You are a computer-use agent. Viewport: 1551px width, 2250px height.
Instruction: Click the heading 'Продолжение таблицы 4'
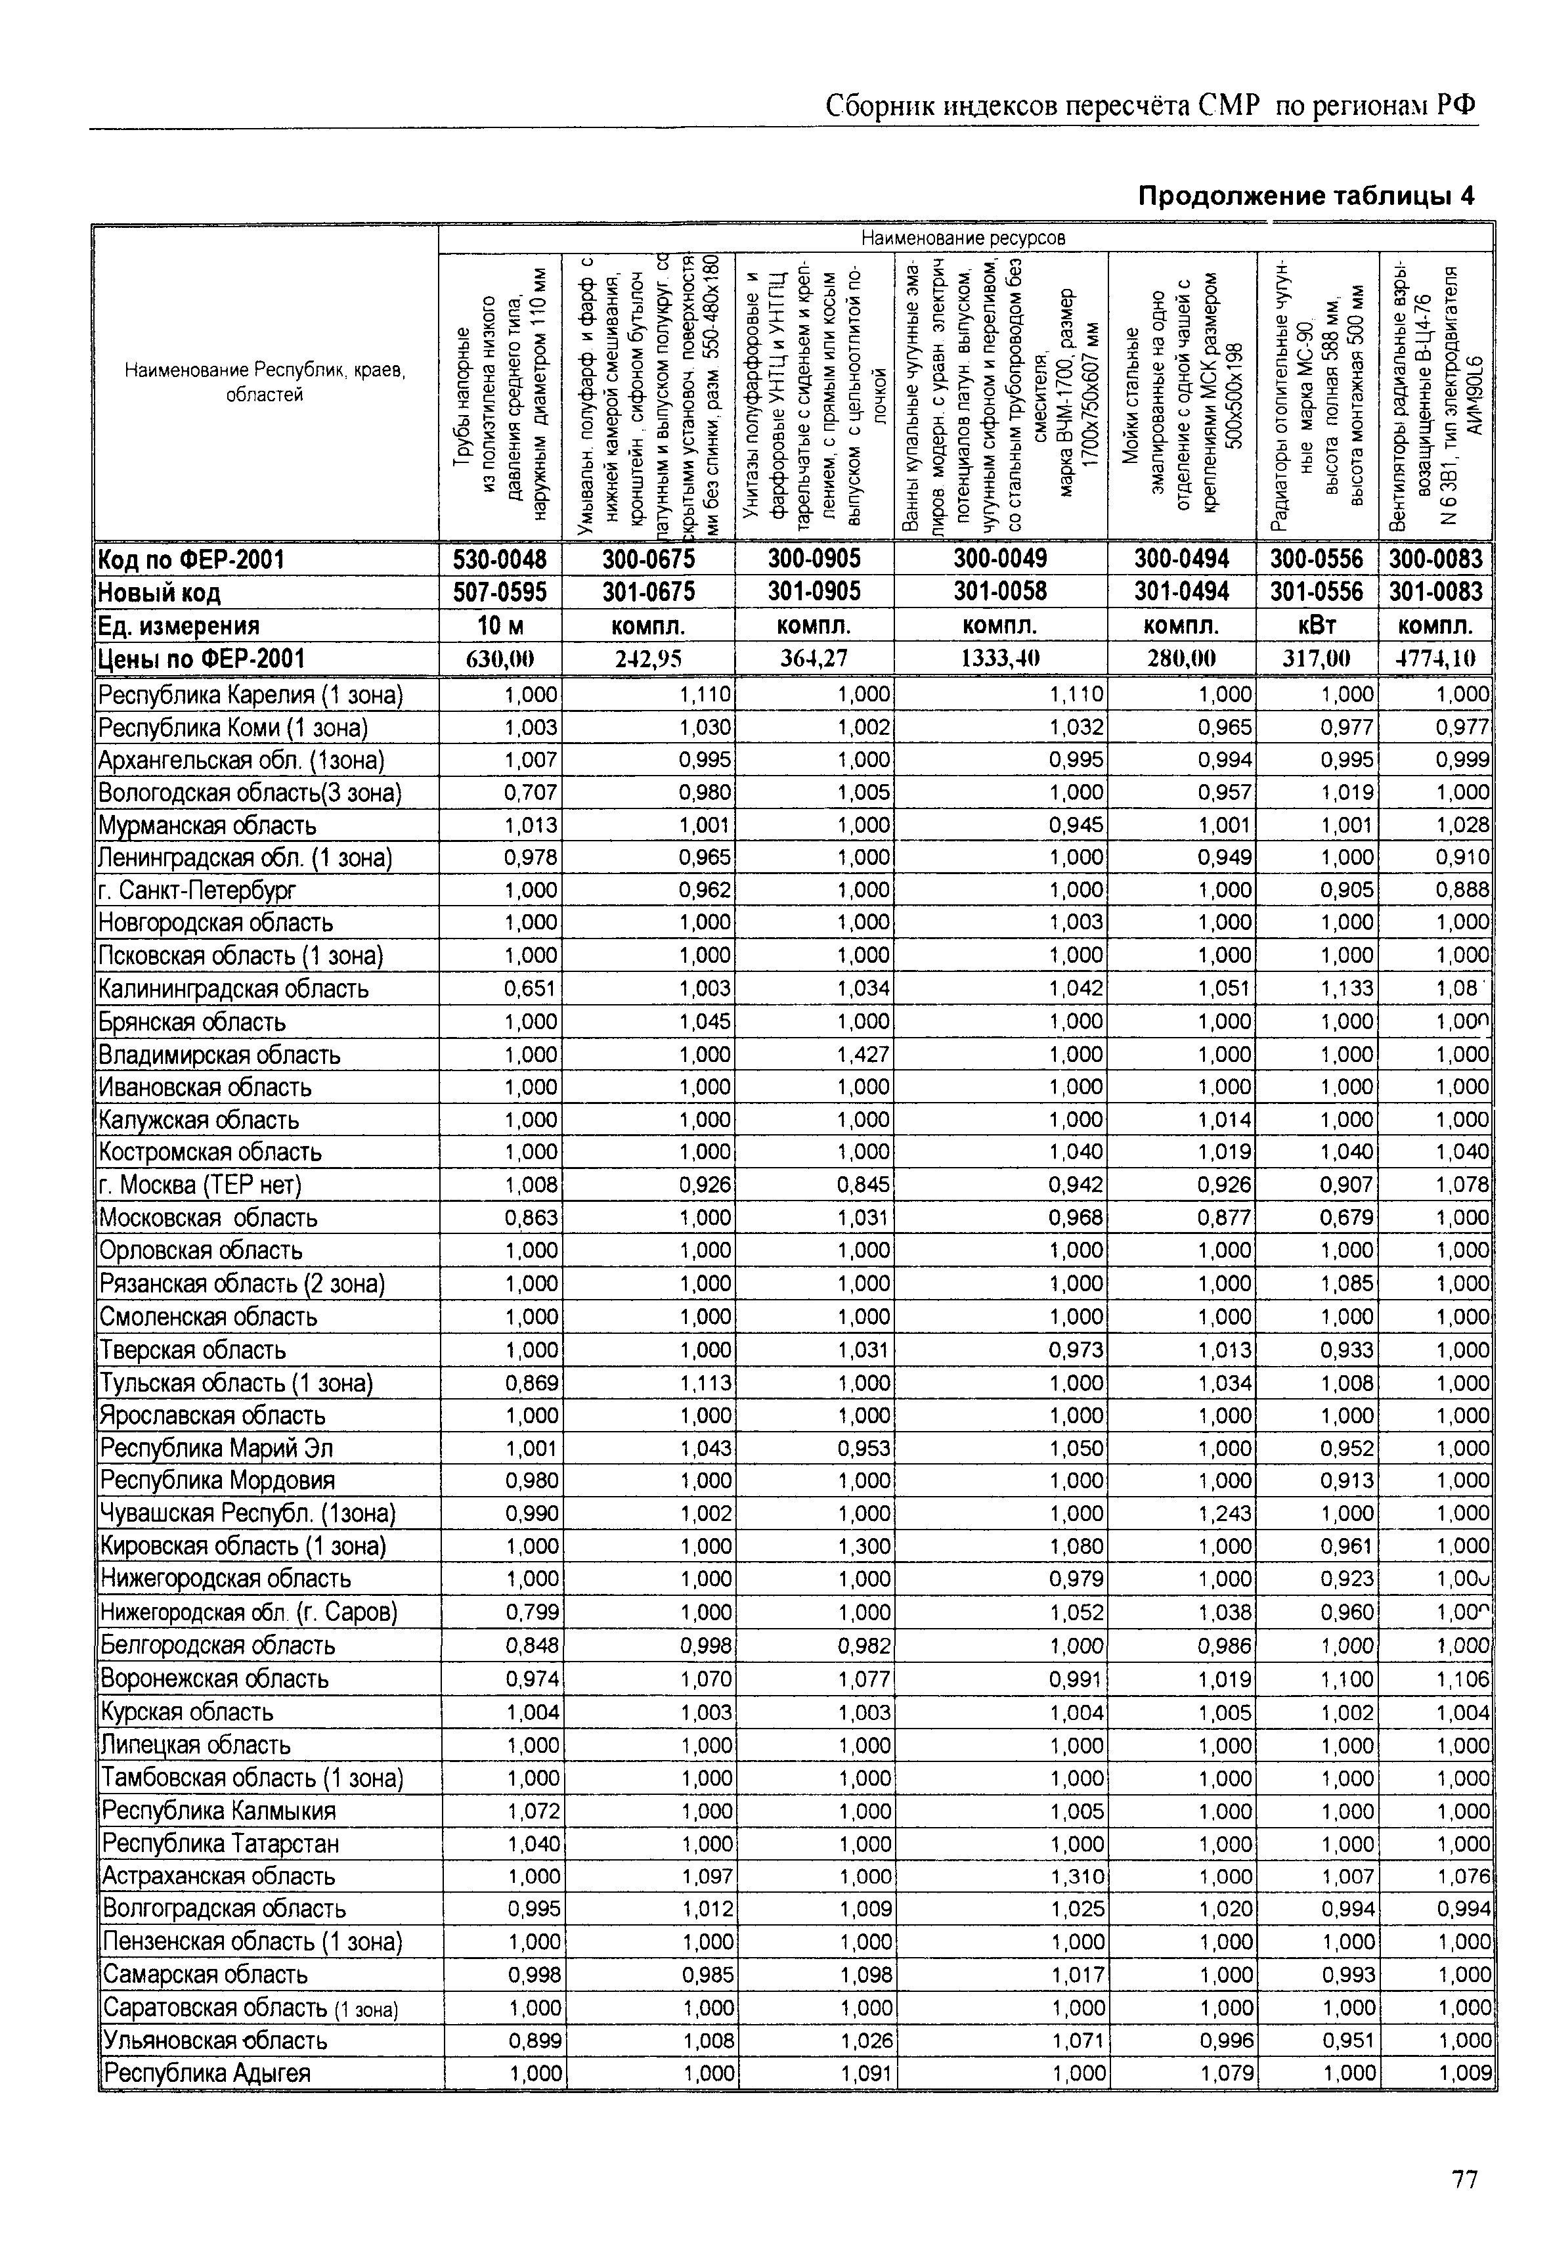pyautogui.click(x=1305, y=196)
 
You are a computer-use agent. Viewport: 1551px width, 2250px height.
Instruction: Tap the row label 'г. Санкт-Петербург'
pyautogui.click(x=197, y=891)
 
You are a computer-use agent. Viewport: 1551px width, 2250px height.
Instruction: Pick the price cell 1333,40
pyautogui.click(x=1000, y=659)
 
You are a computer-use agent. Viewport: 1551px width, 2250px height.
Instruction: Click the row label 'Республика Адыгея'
pyautogui.click(x=207, y=2073)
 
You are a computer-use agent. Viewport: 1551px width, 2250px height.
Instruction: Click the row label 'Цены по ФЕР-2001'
pyautogui.click(x=201, y=659)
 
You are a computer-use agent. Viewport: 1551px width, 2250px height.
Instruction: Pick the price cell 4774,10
pyautogui.click(x=1435, y=659)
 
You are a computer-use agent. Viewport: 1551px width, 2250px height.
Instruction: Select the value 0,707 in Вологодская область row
pyautogui.click(x=531, y=792)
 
